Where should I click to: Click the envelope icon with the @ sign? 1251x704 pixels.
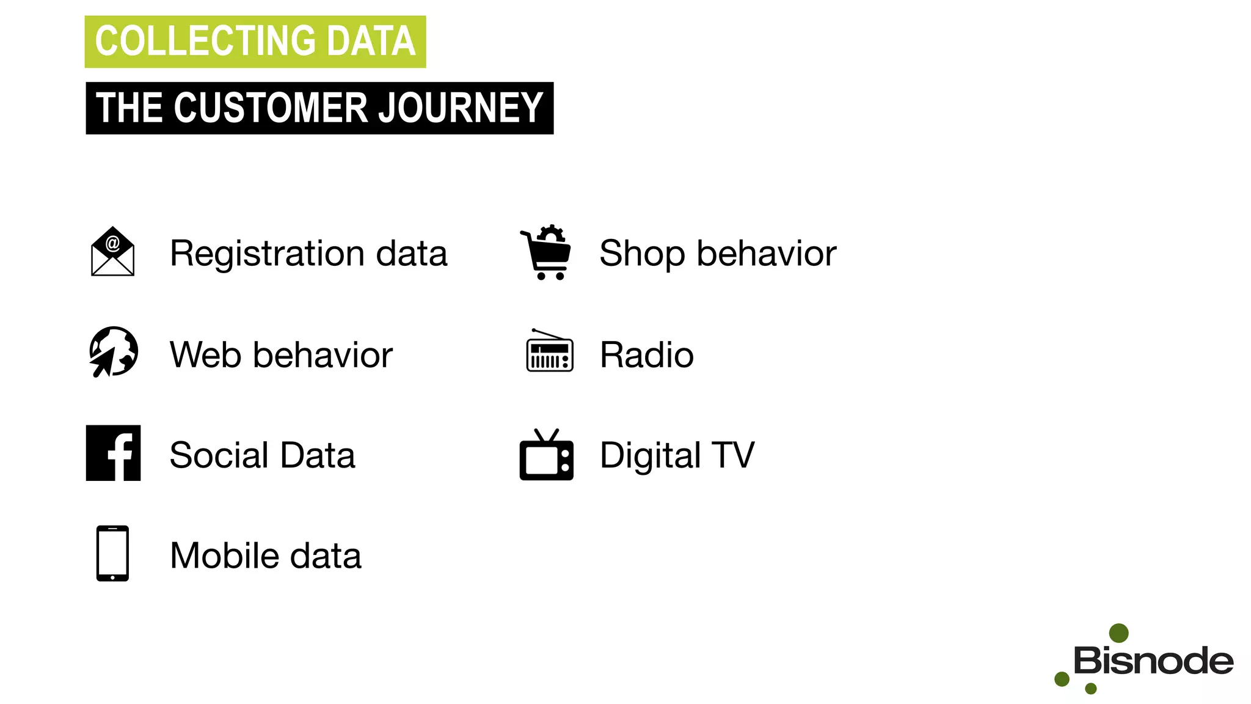point(112,252)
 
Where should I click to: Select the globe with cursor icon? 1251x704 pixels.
point(114,351)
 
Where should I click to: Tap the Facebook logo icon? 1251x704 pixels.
point(114,453)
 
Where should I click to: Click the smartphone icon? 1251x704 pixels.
point(112,552)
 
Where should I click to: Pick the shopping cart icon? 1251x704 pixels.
point(547,252)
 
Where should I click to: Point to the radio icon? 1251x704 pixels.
point(549,351)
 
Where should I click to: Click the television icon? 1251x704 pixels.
point(546,455)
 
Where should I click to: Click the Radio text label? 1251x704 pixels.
point(646,354)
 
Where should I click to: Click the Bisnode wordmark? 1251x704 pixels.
point(1153,661)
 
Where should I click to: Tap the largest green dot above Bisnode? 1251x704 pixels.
point(1118,633)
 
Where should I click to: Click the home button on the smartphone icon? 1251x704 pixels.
point(112,577)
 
